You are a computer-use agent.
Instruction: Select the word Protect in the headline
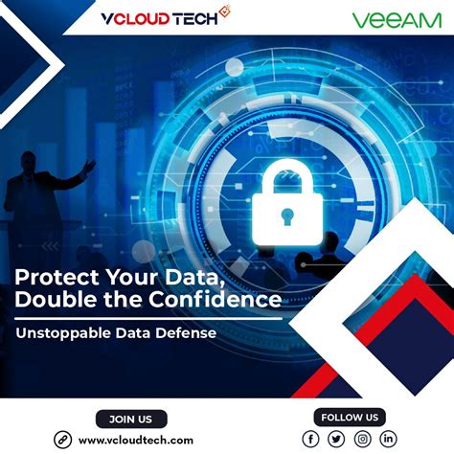[55, 276]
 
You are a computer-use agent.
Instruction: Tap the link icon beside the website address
[63, 440]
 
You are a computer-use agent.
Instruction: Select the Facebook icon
[310, 439]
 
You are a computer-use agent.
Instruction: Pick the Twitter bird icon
[336, 439]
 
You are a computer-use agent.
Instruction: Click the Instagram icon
[362, 439]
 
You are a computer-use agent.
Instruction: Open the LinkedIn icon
[388, 439]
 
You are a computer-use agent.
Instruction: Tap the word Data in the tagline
[137, 335]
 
